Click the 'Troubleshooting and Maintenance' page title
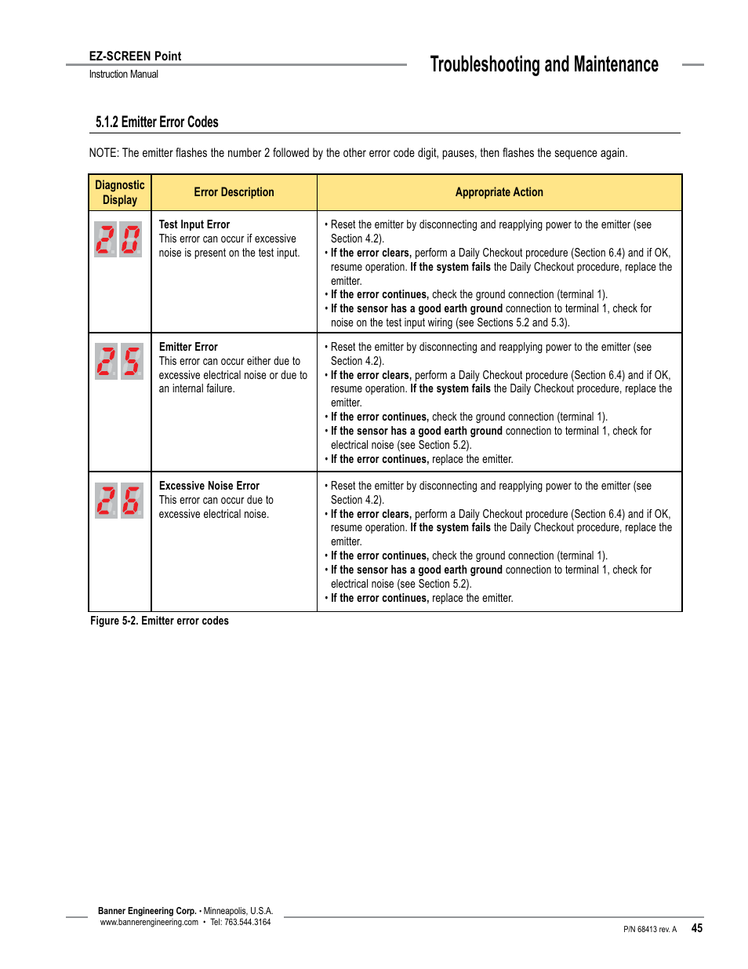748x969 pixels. click(543, 64)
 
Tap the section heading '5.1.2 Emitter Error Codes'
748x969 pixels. click(157, 122)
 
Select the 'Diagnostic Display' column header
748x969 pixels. click(120, 192)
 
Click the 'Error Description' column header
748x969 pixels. click(234, 192)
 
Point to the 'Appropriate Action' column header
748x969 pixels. click(499, 192)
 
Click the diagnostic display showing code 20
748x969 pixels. click(118, 239)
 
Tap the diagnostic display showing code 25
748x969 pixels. click(119, 362)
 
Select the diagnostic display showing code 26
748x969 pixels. click(119, 501)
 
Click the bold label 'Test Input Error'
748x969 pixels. click(194, 224)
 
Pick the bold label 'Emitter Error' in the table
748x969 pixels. click(188, 347)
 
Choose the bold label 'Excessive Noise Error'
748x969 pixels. click(209, 486)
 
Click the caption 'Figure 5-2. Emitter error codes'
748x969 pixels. click(159, 621)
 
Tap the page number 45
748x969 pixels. click(696, 928)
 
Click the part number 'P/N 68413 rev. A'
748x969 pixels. click(650, 930)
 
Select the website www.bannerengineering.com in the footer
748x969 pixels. click(149, 923)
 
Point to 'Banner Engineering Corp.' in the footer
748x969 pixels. click(147, 911)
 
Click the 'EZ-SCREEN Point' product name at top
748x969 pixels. click(135, 56)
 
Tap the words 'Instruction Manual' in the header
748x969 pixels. click(123, 75)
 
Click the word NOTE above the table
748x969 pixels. click(103, 153)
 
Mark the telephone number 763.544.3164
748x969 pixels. click(247, 923)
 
